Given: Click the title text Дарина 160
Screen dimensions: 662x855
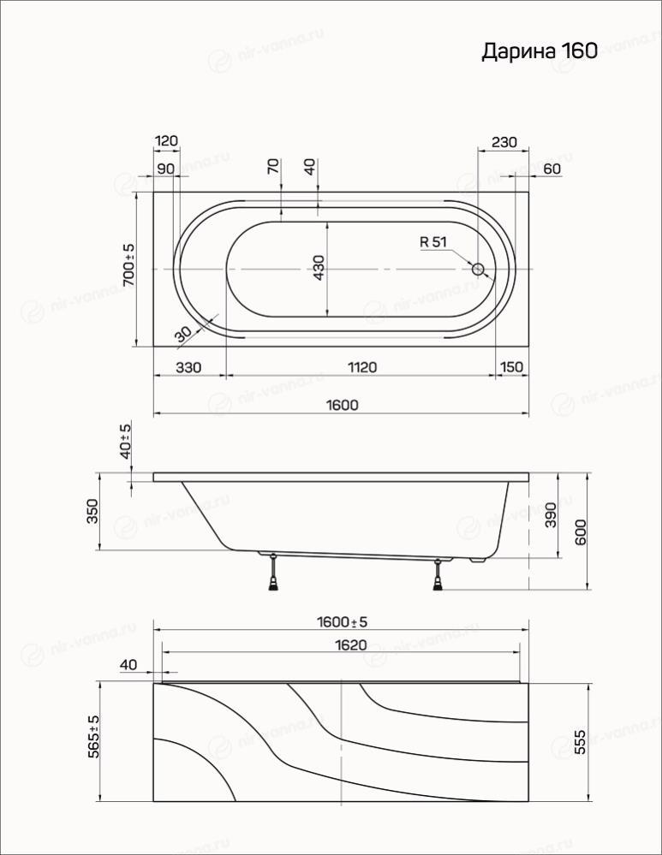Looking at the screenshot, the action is pos(540,51).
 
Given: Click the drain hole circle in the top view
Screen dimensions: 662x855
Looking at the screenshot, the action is pos(478,269).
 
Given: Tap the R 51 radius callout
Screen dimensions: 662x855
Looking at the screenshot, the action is pos(433,241).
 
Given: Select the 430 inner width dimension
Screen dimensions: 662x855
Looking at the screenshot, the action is pos(319,268).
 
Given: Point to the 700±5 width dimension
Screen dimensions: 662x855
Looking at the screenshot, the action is pos(128,265).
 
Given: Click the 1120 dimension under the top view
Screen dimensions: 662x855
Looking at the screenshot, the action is pos(362,367).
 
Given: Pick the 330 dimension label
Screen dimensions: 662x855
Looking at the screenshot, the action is pos(188,367).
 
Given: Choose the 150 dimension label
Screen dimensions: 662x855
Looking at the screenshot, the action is pos(511,367).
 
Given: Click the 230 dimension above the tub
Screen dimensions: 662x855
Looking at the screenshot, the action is pos(504,142).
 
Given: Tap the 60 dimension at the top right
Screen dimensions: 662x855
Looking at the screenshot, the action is pos(552,169).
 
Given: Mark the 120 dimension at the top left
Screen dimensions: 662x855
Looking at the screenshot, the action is pos(166,140).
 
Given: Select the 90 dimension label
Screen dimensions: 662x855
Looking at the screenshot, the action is pos(165,169).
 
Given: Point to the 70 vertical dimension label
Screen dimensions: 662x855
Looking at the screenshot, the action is pos(274,166).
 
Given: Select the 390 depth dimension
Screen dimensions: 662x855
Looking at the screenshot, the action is pos(551,514).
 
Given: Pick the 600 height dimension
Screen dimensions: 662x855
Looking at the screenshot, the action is pos(580,531).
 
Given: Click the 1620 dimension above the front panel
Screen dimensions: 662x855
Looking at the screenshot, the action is pos(350,645).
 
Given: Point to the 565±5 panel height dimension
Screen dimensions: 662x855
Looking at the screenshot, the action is pos(94,736).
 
